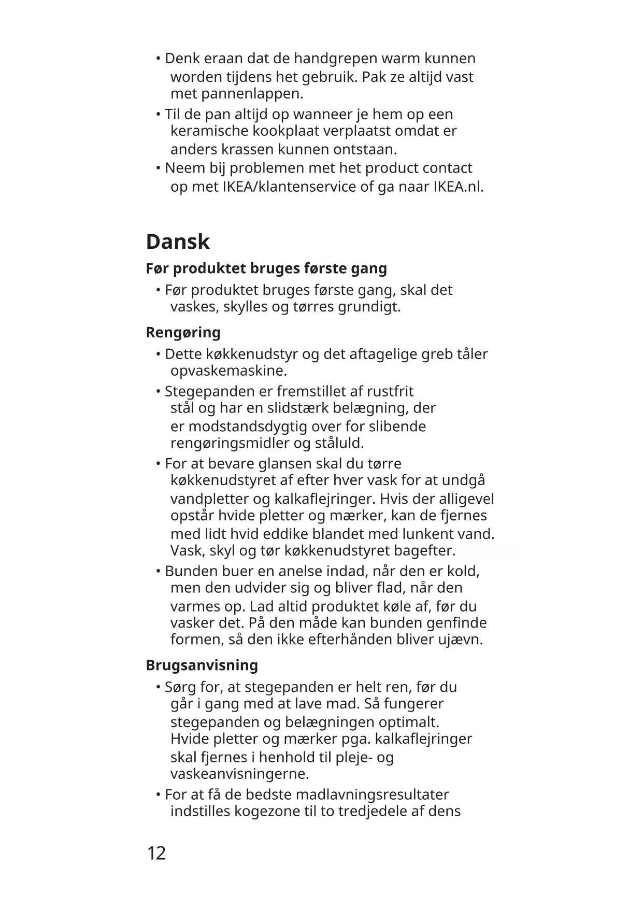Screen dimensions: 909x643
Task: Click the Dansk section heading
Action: pyautogui.click(x=178, y=242)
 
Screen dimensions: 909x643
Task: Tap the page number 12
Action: pyautogui.click(x=156, y=853)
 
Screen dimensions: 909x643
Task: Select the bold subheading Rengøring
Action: pyautogui.click(x=183, y=332)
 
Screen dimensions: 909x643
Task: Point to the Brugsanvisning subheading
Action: pyautogui.click(x=202, y=665)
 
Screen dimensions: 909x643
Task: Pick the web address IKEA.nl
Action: pyautogui.click(x=458, y=187)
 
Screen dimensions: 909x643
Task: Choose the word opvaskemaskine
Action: pyautogui.click(x=228, y=371)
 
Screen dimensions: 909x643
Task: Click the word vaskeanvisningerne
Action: pyautogui.click(x=239, y=774)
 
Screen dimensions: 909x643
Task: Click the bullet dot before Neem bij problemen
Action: pyautogui.click(x=158, y=168)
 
